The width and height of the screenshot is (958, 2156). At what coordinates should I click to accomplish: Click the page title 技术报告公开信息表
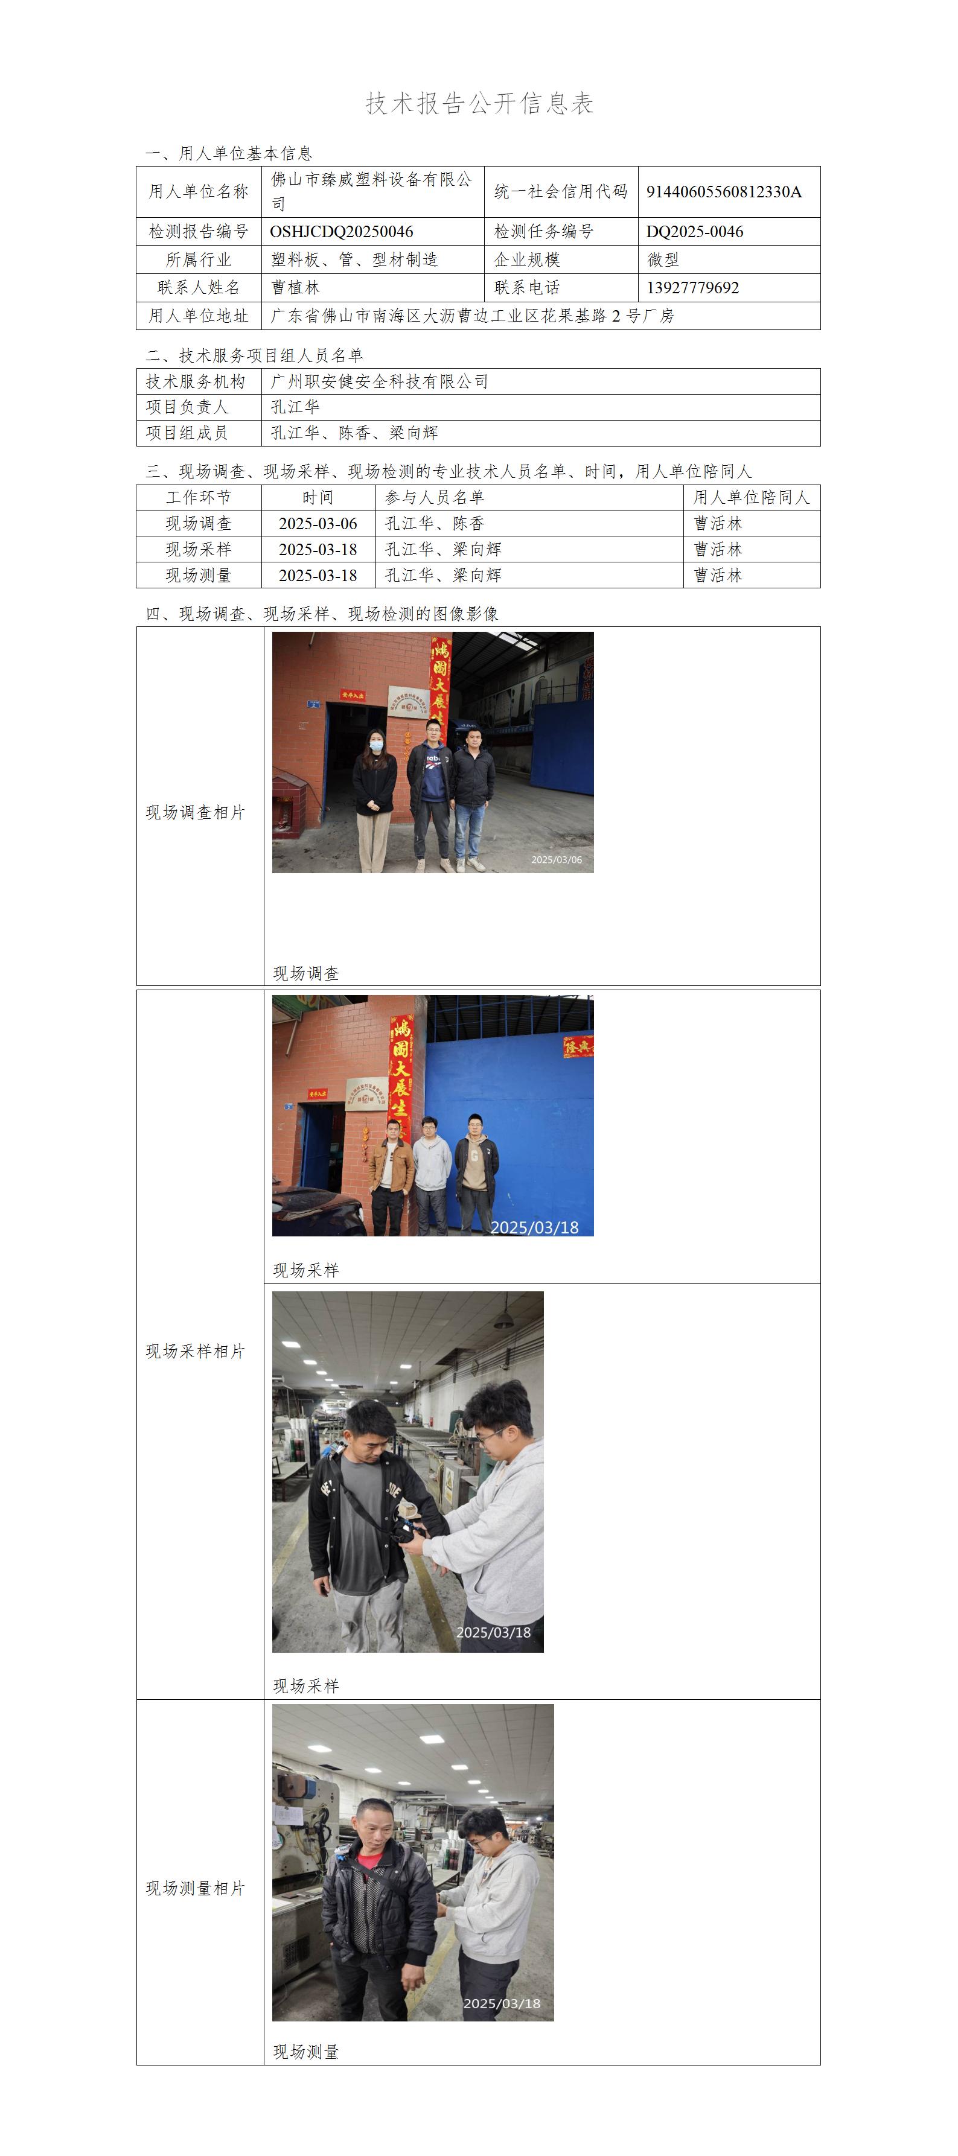click(x=480, y=103)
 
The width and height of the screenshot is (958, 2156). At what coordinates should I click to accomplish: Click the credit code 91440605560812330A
click(x=724, y=192)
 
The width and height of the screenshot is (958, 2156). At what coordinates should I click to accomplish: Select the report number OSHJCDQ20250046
click(x=342, y=232)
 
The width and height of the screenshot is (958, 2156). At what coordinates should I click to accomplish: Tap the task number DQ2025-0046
click(x=694, y=232)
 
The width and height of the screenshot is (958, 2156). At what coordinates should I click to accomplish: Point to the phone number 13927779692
click(x=692, y=288)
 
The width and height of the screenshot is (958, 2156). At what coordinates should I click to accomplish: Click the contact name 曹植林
click(x=296, y=288)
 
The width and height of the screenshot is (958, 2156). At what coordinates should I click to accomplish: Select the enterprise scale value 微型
click(x=663, y=259)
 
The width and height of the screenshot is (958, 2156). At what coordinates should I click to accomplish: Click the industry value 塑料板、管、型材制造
click(x=354, y=259)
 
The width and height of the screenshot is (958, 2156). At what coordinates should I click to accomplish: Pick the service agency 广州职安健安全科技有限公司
click(x=379, y=381)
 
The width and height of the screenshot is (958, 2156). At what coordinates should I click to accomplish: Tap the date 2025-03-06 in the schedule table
click(x=318, y=524)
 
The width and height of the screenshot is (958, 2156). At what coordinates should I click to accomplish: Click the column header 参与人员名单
click(x=435, y=497)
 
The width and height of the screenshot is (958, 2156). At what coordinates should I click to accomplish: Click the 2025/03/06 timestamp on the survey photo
click(x=556, y=859)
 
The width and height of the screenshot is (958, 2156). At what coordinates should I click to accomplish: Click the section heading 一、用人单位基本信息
click(x=229, y=153)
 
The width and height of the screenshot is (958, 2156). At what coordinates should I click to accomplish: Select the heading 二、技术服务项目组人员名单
click(x=254, y=355)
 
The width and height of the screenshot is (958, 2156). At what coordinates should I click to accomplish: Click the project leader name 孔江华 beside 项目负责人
click(x=296, y=407)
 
